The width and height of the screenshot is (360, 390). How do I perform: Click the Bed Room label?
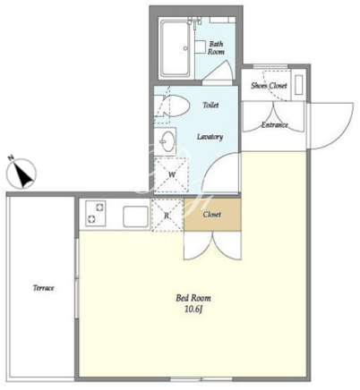(193, 298)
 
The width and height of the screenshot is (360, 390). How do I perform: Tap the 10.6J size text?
(193, 309)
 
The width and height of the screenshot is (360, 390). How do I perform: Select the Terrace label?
(44, 288)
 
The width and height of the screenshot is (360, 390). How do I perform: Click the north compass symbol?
(21, 173)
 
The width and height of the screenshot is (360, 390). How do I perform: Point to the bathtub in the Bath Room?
(176, 47)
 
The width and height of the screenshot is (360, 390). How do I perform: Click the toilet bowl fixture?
(173, 106)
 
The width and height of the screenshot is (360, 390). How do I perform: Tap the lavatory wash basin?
(165, 141)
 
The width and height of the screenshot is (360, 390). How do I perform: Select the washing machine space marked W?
(172, 174)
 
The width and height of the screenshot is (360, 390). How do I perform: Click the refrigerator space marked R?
(167, 215)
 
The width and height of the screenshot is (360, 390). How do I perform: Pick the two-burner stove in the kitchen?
(96, 213)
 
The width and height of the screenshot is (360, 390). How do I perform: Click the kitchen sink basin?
(136, 216)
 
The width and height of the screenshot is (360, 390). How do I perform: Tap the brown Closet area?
(212, 215)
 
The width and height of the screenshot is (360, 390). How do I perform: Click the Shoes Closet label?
(269, 86)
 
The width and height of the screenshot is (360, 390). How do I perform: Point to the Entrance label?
(275, 124)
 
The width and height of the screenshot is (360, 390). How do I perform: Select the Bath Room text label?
(216, 47)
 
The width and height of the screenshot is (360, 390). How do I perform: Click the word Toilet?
(210, 105)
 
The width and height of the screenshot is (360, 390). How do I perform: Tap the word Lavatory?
(210, 137)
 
